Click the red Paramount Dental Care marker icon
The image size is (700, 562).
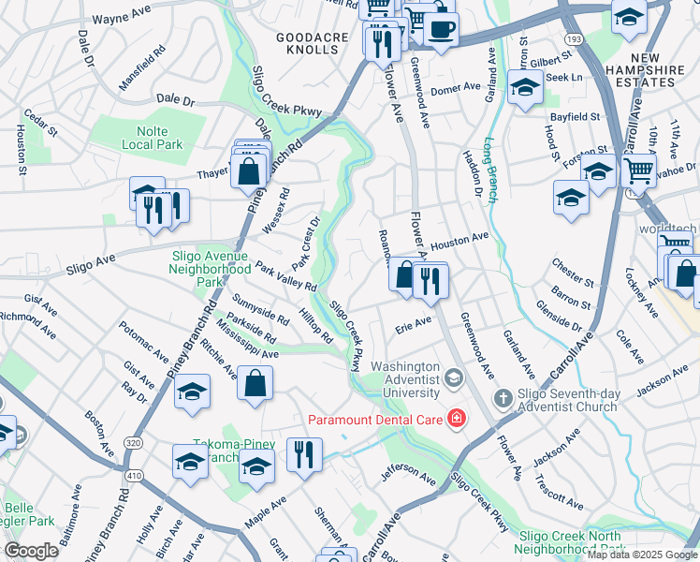point(456,418)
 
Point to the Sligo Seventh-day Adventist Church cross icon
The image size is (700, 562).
point(503,398)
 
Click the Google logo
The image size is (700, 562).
point(31,550)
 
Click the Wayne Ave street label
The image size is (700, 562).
point(123,19)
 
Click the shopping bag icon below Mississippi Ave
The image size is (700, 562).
point(255,383)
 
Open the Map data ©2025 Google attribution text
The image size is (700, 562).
point(642,555)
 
